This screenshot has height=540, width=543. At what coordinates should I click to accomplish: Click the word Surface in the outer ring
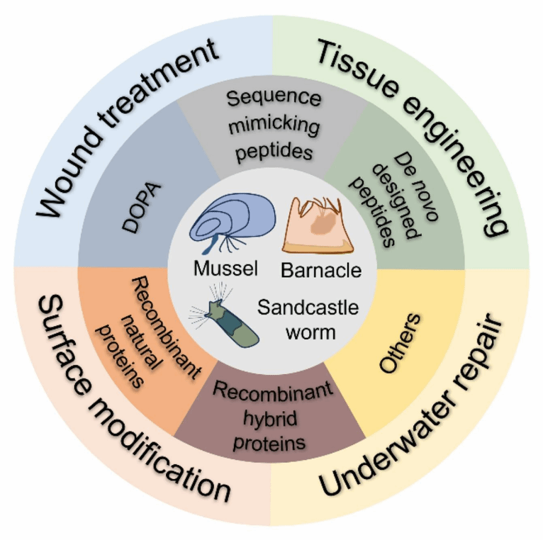(x=61, y=347)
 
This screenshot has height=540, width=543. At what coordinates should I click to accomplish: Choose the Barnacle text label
(x=320, y=270)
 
